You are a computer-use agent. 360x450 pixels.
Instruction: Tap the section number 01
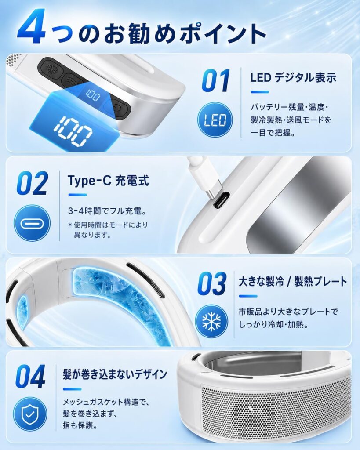(216, 81)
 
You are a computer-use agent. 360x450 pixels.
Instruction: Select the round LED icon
(215, 120)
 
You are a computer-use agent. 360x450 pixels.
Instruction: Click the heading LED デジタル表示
(293, 78)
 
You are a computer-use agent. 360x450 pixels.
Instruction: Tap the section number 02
(33, 183)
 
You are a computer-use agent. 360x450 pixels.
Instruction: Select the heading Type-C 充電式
(108, 181)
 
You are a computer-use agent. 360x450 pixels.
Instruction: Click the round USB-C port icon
(32, 223)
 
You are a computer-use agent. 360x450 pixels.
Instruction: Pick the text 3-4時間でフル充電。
(107, 211)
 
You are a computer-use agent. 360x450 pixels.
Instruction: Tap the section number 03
(212, 283)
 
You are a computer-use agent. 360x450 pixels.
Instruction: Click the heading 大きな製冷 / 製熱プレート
(293, 282)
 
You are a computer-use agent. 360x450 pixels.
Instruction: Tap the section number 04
(30, 376)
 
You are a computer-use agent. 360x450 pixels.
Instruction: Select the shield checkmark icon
(30, 414)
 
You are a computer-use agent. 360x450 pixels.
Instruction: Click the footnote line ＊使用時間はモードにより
(108, 225)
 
